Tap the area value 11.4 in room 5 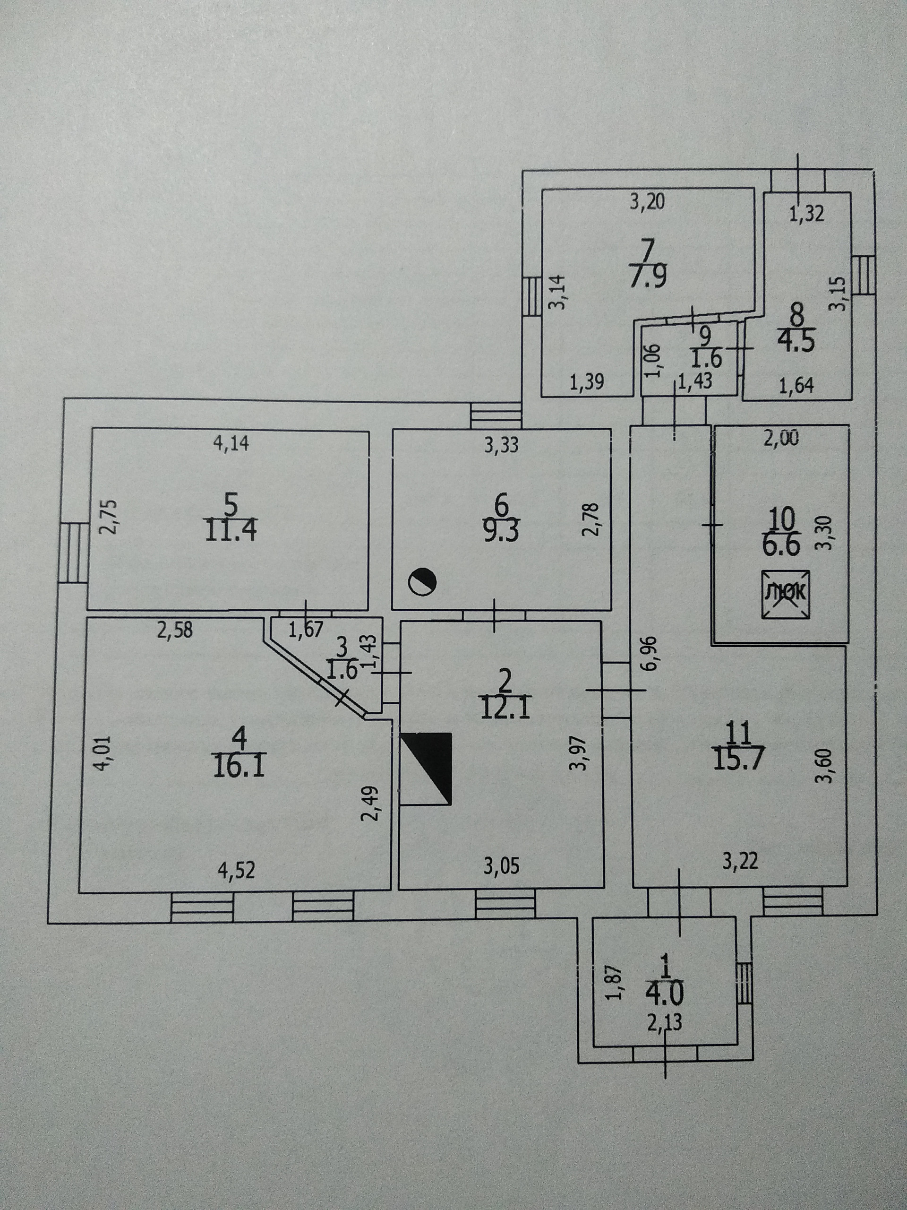click(231, 532)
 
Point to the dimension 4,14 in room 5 click(231, 442)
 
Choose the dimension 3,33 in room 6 click(501, 446)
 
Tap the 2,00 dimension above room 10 click(781, 439)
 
